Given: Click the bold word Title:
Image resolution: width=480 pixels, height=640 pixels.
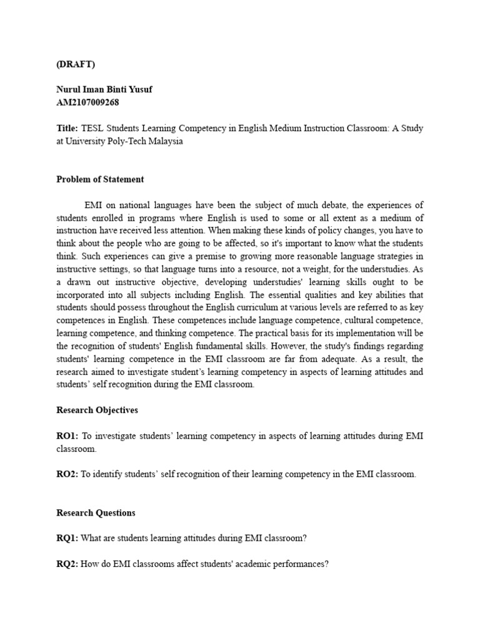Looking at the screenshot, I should [x=67, y=128].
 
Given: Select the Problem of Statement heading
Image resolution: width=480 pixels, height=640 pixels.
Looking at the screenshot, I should [x=100, y=179].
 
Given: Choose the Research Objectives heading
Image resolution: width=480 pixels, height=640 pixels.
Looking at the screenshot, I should [x=97, y=411].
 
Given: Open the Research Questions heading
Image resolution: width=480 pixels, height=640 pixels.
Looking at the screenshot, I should [x=96, y=513].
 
